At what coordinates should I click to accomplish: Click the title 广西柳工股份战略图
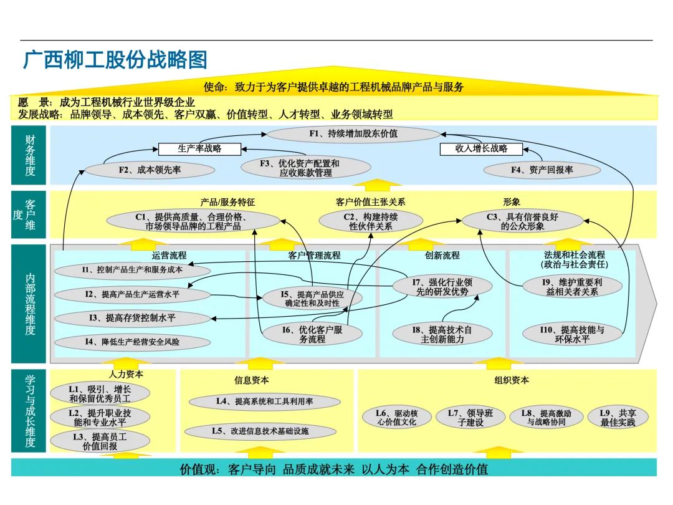click(115, 60)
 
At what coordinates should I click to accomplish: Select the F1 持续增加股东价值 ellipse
click(353, 133)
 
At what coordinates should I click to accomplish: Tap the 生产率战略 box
click(199, 149)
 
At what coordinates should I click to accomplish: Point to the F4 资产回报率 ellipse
click(542, 170)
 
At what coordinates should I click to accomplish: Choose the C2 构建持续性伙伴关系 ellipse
click(371, 221)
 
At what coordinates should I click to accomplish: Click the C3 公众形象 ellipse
click(522, 221)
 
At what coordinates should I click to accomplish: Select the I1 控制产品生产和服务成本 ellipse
click(132, 270)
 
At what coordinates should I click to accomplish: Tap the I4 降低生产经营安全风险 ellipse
click(132, 342)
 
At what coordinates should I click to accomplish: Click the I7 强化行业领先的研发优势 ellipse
click(442, 287)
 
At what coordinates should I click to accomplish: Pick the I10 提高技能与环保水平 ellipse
click(572, 334)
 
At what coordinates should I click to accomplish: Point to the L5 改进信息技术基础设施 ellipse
click(260, 431)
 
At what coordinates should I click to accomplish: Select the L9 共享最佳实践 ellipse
click(618, 418)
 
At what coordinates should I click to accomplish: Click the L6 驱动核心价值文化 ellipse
click(396, 418)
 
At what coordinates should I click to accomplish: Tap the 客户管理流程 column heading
click(314, 256)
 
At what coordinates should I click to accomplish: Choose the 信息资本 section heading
click(252, 380)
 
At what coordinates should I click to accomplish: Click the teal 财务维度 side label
click(29, 155)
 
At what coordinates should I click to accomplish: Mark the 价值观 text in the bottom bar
click(199, 469)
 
